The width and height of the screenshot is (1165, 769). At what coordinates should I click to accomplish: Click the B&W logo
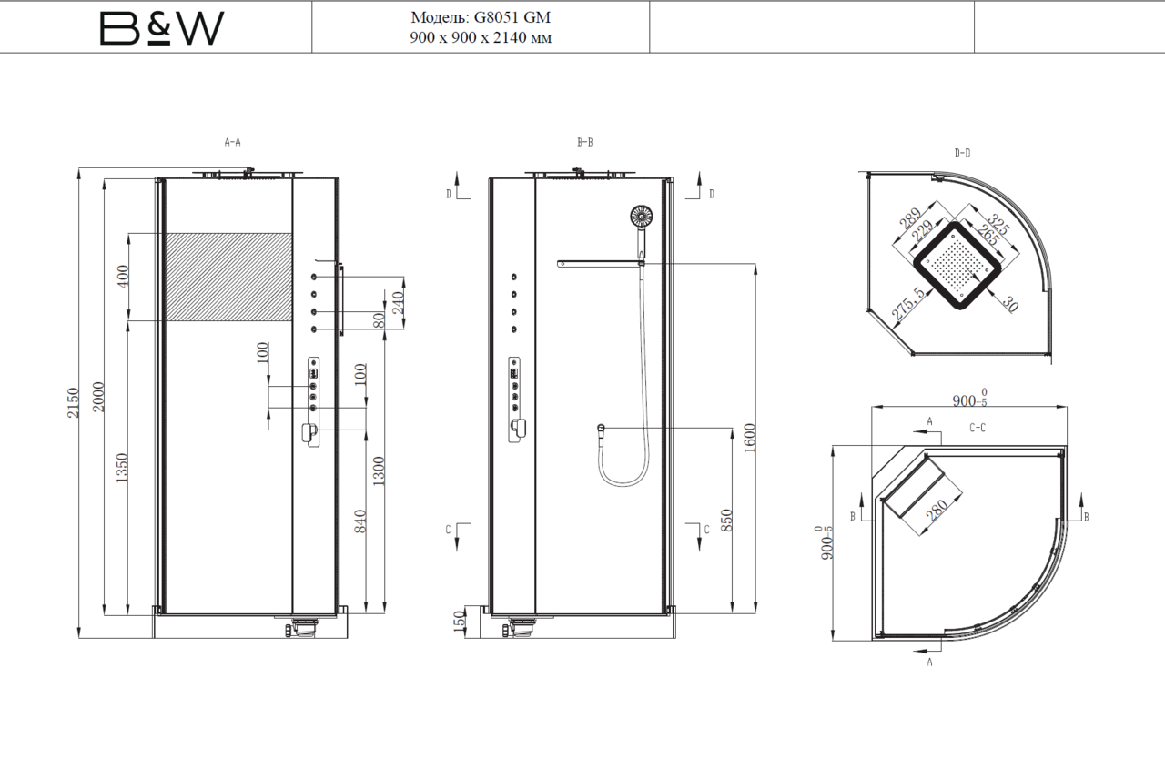point(162,28)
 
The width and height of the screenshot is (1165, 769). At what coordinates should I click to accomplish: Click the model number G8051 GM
point(512,17)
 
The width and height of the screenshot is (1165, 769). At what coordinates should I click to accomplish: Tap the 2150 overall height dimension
point(73,402)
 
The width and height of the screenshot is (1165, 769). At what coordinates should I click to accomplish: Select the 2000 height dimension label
point(98,397)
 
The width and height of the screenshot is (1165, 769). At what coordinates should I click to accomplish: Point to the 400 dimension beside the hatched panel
point(122,277)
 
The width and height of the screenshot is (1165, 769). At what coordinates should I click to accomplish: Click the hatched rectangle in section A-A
point(228,277)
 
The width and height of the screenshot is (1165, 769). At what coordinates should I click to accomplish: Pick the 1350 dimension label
point(121,468)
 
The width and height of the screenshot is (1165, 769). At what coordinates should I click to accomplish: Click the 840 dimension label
point(360,521)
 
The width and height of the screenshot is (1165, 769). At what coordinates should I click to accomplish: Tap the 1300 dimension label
point(379,471)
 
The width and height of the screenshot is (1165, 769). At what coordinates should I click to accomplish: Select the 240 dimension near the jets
point(398,303)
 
